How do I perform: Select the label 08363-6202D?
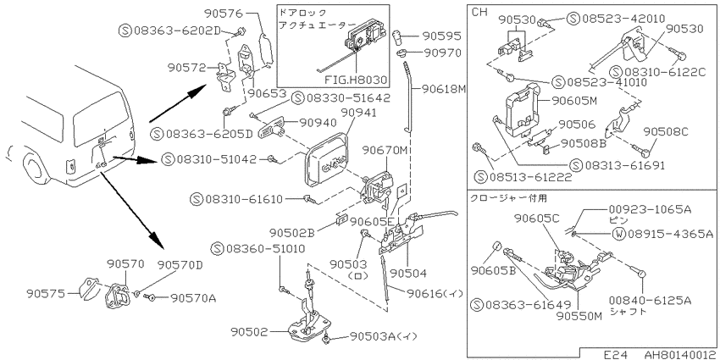click(178, 30)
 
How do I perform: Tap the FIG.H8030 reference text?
click(356, 80)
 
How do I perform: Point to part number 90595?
click(441, 36)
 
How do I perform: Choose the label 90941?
click(358, 113)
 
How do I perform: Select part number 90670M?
click(385, 150)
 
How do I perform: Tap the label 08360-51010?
click(265, 249)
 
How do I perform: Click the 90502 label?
click(248, 330)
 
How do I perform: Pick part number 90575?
click(44, 292)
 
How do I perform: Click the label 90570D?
click(180, 265)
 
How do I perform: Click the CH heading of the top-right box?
click(479, 13)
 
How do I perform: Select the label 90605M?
click(574, 101)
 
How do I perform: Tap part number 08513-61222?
click(530, 176)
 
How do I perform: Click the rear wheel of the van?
click(36, 168)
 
